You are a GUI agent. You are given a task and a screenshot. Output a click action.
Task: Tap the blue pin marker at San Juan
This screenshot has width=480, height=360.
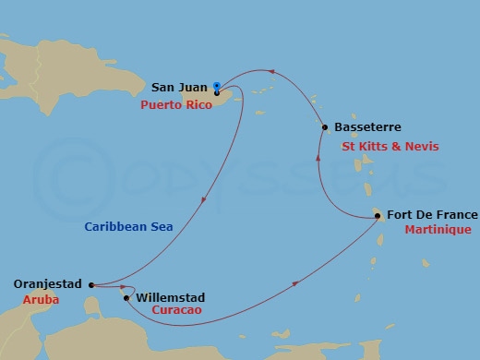point(216,86)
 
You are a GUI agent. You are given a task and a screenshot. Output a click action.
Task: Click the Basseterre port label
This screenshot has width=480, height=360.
point(368,126)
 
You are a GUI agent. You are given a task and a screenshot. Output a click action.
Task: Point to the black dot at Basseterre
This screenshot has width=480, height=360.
point(325,126)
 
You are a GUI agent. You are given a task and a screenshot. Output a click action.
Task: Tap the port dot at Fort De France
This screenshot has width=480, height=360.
point(378,215)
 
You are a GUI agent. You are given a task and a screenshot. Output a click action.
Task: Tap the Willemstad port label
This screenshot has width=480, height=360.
point(170,297)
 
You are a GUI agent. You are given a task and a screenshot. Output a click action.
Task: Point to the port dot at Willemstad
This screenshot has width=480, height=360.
point(126,297)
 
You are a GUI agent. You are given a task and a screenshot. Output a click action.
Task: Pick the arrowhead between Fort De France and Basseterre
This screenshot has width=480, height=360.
point(318,158)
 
